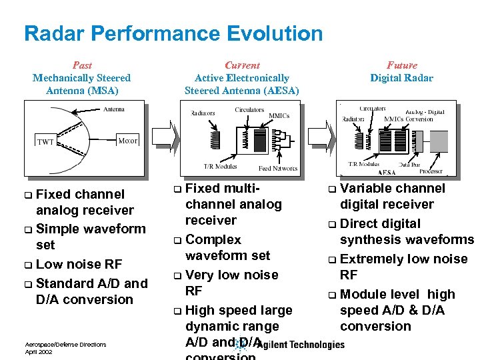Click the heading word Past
pos(82,65)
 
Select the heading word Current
pos(242,65)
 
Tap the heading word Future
pos(401,65)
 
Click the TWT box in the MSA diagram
pos(45,141)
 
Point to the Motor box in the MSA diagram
pos(127,141)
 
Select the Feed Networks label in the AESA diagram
pos(278,168)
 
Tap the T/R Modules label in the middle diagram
pos(219,166)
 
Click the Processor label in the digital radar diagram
pos(431,171)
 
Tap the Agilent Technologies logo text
pos(301,345)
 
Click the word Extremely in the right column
pos(370,259)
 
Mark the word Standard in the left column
pos(63,283)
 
